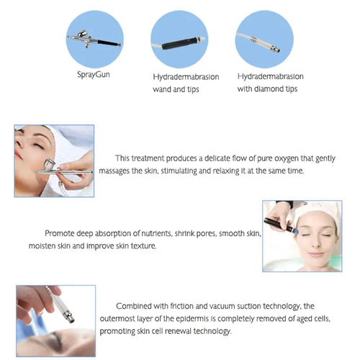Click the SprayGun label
94,75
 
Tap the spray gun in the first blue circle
94,39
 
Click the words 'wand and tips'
176,89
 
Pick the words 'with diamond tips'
267,89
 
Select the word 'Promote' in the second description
60,233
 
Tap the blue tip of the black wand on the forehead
295,231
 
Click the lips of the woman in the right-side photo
315,254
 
